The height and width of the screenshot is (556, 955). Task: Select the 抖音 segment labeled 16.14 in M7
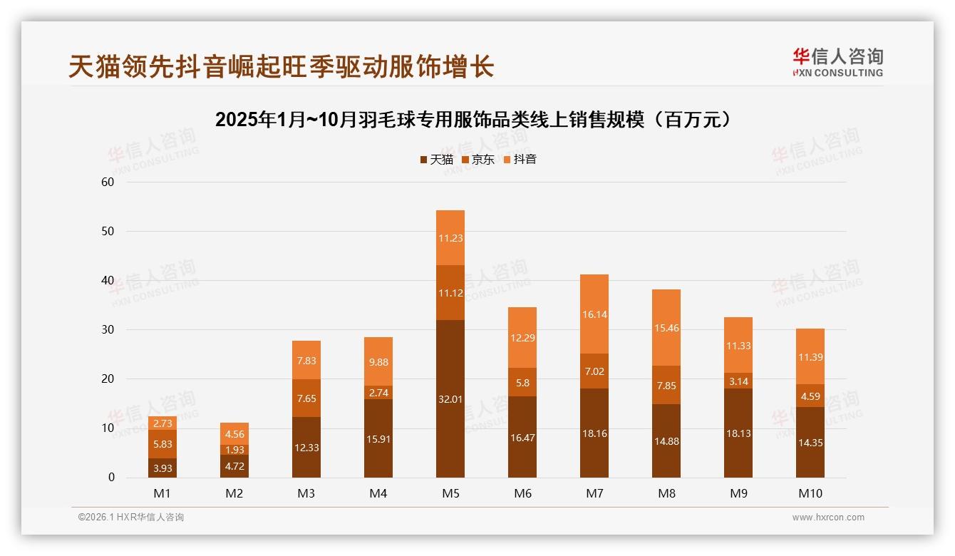594,314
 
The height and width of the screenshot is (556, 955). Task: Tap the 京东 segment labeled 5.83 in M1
162,443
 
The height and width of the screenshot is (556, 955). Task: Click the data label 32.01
450,399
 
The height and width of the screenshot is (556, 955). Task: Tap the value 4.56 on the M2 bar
234,434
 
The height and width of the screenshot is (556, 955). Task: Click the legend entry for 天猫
436,160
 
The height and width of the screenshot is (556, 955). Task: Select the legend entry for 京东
478,160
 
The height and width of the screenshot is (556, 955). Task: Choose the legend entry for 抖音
520,160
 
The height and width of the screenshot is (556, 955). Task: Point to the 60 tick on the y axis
108,182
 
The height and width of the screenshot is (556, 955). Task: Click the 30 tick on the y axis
108,329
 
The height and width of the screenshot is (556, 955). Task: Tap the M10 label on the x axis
810,493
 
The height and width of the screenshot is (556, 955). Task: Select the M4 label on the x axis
378,493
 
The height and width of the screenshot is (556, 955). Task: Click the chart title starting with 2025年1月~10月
474,120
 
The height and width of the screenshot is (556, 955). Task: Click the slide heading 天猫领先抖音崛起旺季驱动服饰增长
281,66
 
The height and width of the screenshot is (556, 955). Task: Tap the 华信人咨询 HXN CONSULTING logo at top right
837,63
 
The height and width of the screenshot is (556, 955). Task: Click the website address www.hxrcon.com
828,518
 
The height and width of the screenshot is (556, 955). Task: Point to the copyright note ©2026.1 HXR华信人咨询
131,518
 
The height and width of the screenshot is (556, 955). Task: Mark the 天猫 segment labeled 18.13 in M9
738,433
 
